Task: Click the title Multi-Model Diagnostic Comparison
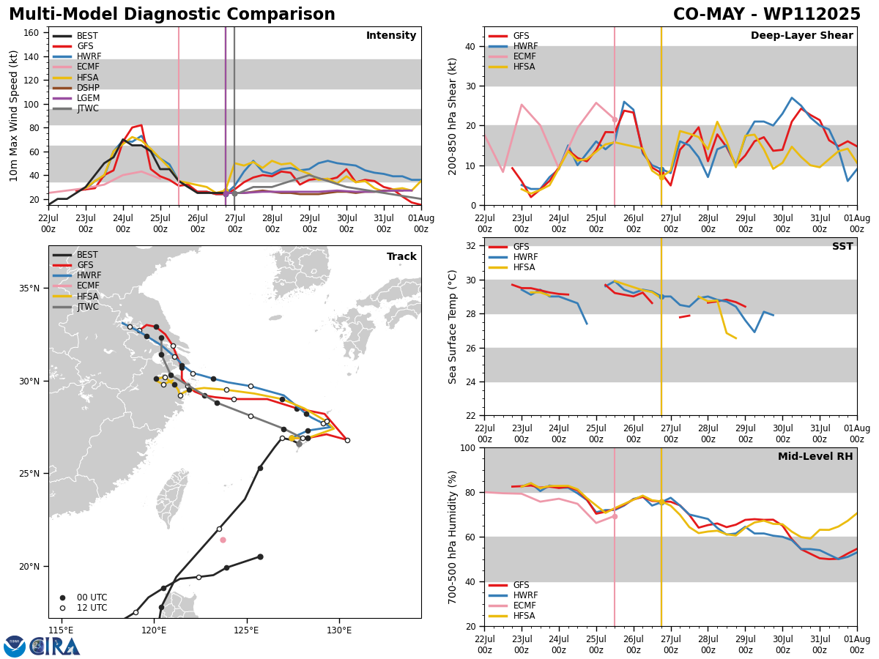point(172,15)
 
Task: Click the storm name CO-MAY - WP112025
point(766,15)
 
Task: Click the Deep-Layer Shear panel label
point(801,35)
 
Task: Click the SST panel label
point(842,246)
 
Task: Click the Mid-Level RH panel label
point(815,456)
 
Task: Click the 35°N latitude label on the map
point(29,288)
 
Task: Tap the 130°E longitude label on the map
point(339,630)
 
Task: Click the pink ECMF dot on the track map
point(223,540)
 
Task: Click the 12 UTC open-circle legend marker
point(62,608)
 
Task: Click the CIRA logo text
point(55,647)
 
